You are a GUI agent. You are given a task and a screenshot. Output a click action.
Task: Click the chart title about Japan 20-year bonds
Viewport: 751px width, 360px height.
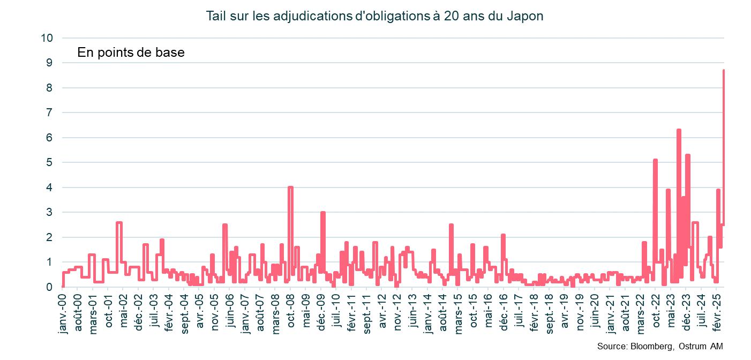[375, 16]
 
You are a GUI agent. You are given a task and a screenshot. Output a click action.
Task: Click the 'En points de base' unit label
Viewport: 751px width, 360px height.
[131, 52]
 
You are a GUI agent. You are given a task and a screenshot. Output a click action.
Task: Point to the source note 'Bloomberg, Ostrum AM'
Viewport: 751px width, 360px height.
[663, 347]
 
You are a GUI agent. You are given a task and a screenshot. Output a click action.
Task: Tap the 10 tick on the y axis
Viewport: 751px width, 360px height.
[47, 38]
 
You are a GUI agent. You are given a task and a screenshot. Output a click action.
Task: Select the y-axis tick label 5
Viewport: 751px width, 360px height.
[49, 162]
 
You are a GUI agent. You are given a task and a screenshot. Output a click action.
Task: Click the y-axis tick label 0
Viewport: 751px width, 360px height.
[49, 287]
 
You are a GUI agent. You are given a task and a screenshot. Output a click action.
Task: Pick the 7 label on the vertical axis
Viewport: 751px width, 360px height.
[49, 112]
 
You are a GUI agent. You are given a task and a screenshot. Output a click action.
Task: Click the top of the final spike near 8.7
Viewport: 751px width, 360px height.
[724, 71]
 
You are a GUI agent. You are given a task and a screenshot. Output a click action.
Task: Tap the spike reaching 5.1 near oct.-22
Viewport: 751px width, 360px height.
[655, 160]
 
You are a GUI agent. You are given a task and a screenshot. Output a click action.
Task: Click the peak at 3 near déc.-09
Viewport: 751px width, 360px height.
[323, 213]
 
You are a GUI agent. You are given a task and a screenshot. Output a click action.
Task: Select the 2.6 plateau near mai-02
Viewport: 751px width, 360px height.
[119, 222]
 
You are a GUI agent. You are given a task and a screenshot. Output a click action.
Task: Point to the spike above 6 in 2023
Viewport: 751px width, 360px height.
[679, 130]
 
